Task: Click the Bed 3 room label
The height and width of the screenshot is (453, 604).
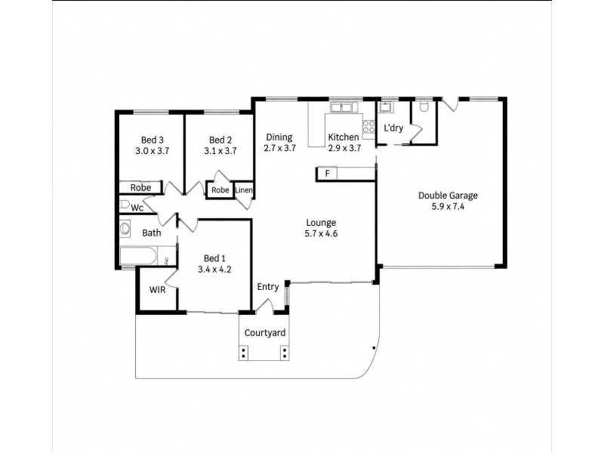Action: click(x=153, y=140)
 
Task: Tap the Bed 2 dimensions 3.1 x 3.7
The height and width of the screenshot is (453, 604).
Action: click(x=220, y=151)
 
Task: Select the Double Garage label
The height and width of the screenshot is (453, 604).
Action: click(x=448, y=196)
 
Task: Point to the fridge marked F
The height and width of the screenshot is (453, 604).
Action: click(x=327, y=174)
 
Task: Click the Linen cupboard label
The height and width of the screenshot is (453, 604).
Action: click(x=244, y=190)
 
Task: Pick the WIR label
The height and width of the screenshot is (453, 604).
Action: click(x=157, y=290)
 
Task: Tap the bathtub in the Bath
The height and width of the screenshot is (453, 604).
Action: click(x=139, y=256)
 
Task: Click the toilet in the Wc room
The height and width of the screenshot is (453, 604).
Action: click(x=125, y=204)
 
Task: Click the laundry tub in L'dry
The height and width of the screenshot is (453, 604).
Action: click(x=385, y=106)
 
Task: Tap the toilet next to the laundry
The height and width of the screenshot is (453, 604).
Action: click(x=424, y=106)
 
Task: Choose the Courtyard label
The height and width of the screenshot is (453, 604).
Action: click(x=265, y=333)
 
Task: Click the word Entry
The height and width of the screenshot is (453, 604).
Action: click(x=268, y=287)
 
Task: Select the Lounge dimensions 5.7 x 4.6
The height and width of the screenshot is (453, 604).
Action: click(x=322, y=233)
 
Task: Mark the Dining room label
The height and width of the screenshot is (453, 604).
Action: click(x=279, y=137)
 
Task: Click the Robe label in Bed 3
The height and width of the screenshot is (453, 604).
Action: click(x=140, y=187)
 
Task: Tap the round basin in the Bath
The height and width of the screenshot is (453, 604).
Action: click(x=125, y=229)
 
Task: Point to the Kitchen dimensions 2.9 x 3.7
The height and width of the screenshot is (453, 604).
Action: click(x=344, y=148)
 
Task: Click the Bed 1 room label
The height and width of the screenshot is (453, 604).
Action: click(x=214, y=258)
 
